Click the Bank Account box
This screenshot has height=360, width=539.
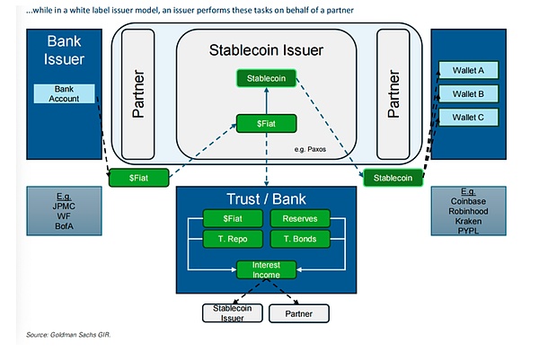click(64, 92)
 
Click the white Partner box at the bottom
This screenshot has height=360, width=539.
click(299, 313)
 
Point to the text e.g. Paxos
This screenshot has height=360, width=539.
click(312, 148)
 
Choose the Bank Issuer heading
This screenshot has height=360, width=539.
click(64, 54)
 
